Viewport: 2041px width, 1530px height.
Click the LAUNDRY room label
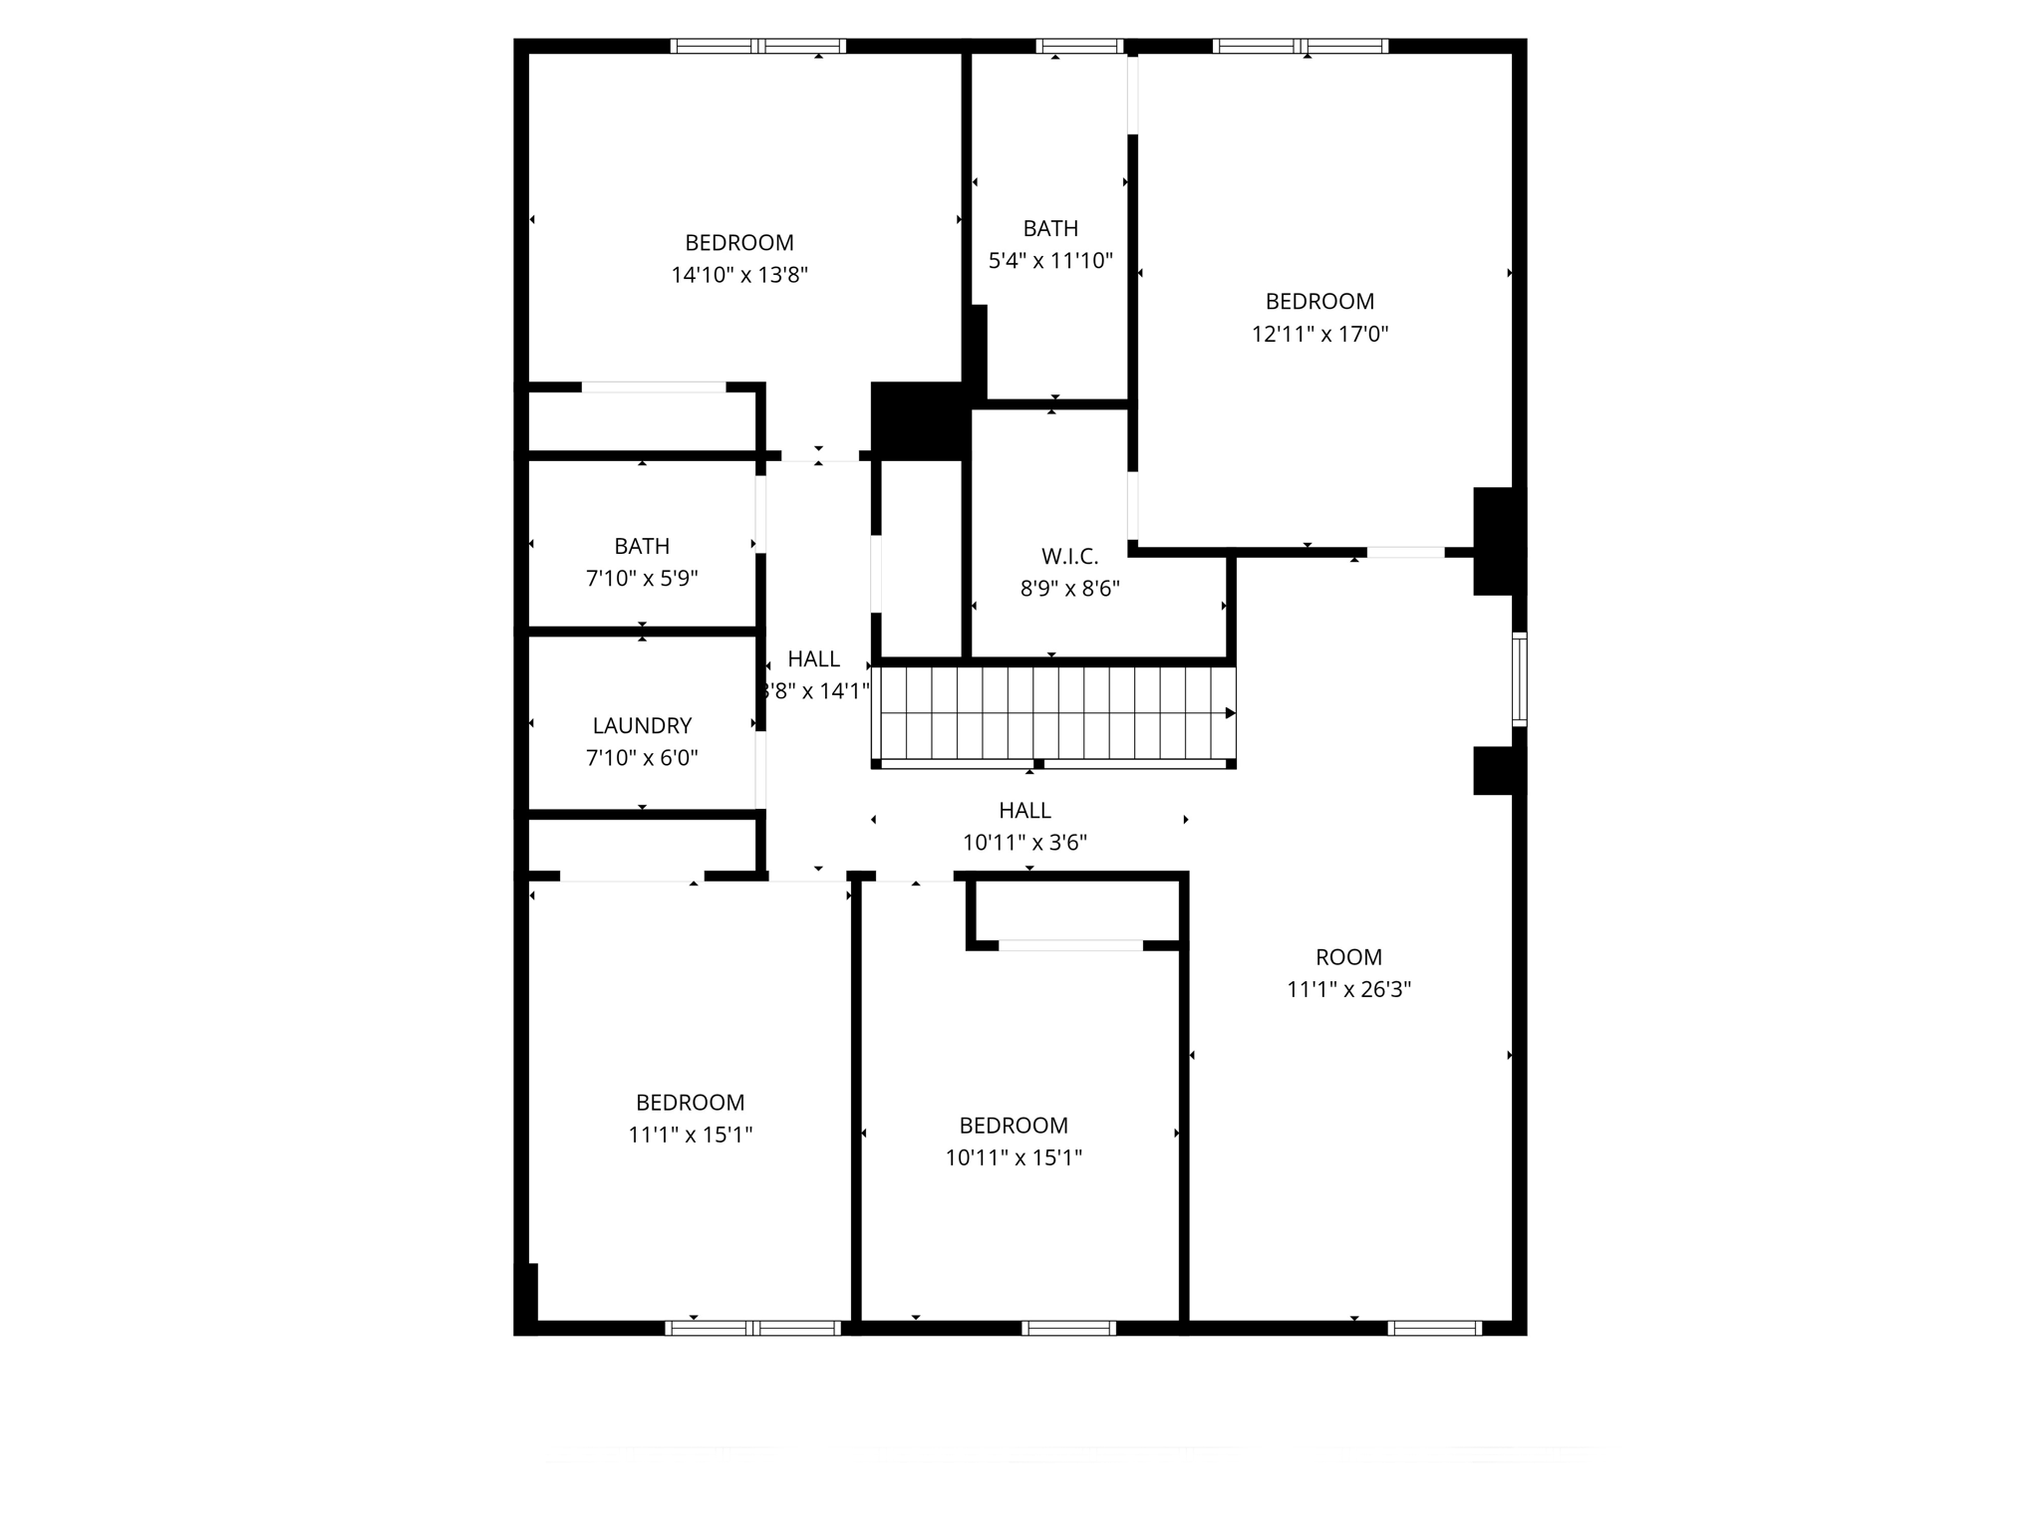pyautogui.click(x=642, y=725)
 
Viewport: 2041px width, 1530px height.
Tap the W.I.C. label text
pyautogui.click(x=1069, y=556)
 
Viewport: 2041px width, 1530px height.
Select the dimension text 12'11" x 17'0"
pyautogui.click(x=1319, y=334)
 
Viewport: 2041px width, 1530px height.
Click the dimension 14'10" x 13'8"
pyautogui.click(x=738, y=275)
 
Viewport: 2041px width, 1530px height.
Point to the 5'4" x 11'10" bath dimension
pyautogui.click(x=1050, y=261)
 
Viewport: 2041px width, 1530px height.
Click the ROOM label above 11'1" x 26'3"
pyautogui.click(x=1348, y=957)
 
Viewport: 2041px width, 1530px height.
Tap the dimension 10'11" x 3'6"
pyautogui.click(x=1024, y=843)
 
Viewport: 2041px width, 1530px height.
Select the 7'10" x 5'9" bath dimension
pyautogui.click(x=642, y=578)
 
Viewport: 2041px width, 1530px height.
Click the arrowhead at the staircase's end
pyautogui.click(x=1231, y=713)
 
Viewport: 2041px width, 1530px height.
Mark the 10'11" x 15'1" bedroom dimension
pyautogui.click(x=1014, y=1157)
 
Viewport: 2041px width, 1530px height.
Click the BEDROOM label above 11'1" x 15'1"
pyautogui.click(x=690, y=1103)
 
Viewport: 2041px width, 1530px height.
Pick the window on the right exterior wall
pyautogui.click(x=1519, y=679)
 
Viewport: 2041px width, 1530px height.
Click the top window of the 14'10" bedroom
pyautogui.click(x=757, y=46)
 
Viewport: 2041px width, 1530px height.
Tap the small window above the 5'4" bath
pyautogui.click(x=1079, y=46)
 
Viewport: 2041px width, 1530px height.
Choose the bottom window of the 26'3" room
pyautogui.click(x=1434, y=1328)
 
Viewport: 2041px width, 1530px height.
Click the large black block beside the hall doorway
pyautogui.click(x=917, y=420)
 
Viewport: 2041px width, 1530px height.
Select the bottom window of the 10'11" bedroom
pyautogui.click(x=1068, y=1328)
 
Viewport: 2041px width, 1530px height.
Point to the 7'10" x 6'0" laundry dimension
pyautogui.click(x=642, y=758)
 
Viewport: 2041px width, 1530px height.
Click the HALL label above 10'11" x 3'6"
pyautogui.click(x=1024, y=810)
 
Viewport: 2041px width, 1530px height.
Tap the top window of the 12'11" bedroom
pyautogui.click(x=1301, y=46)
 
